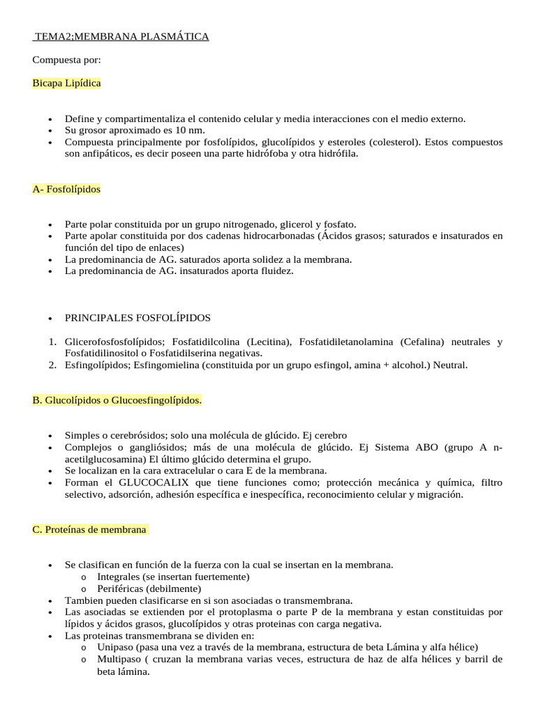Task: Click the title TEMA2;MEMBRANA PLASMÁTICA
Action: click(x=121, y=36)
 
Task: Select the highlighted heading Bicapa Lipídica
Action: click(x=66, y=83)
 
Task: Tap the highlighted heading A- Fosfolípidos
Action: click(x=66, y=189)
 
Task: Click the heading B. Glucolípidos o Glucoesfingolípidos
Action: click(x=117, y=400)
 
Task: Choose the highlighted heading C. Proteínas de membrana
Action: click(x=90, y=530)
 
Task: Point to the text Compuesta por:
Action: click(x=67, y=60)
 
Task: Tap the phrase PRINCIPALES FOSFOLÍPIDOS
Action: click(x=137, y=318)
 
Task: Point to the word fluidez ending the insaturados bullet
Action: click(x=274, y=271)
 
